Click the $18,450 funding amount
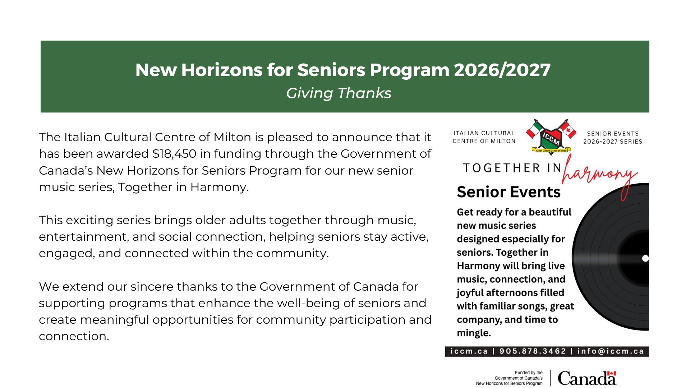174,154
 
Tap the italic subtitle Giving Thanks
339,93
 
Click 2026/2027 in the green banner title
502,70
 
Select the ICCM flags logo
551,137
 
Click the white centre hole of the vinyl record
645,258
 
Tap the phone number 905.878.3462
533,351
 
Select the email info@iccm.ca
611,351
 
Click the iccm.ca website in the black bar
469,351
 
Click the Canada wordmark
587,378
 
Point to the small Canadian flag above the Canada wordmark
612,373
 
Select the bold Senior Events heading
509,192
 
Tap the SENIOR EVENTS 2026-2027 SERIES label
613,138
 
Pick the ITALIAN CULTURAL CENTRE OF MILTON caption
484,137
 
